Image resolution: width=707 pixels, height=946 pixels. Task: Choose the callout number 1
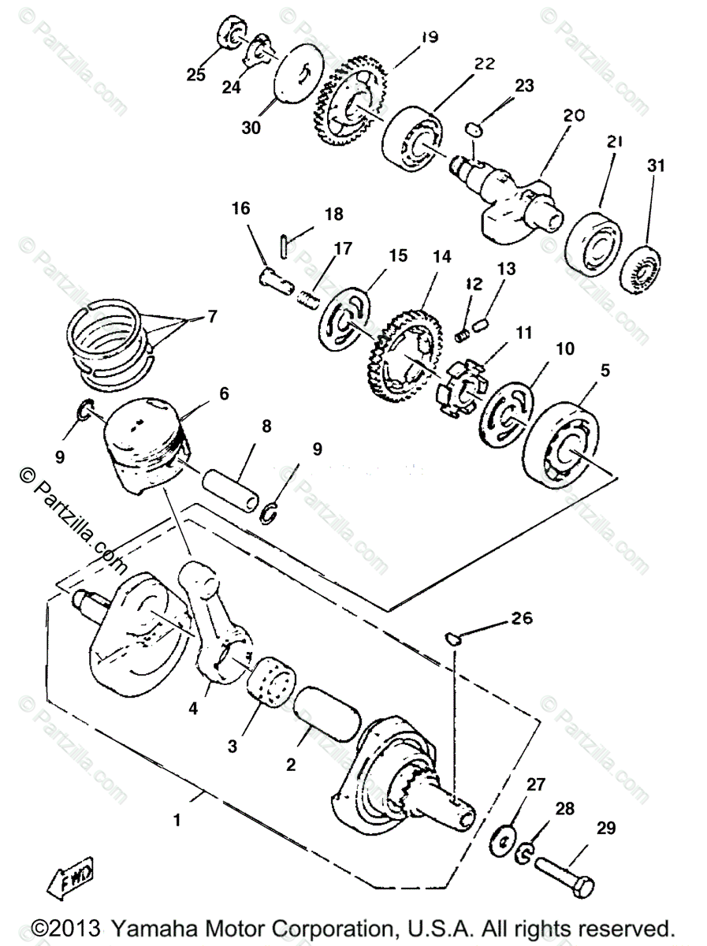click(177, 820)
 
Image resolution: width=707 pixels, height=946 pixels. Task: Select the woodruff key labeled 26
click(453, 637)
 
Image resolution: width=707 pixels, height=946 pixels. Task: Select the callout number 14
click(441, 257)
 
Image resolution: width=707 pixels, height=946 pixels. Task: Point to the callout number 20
click(574, 115)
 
